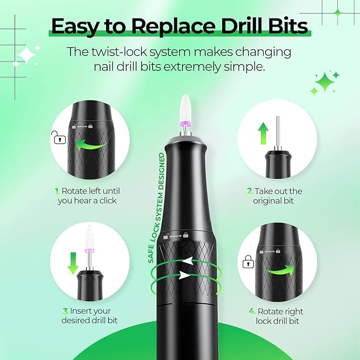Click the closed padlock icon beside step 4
247,262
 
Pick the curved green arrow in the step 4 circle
279,269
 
